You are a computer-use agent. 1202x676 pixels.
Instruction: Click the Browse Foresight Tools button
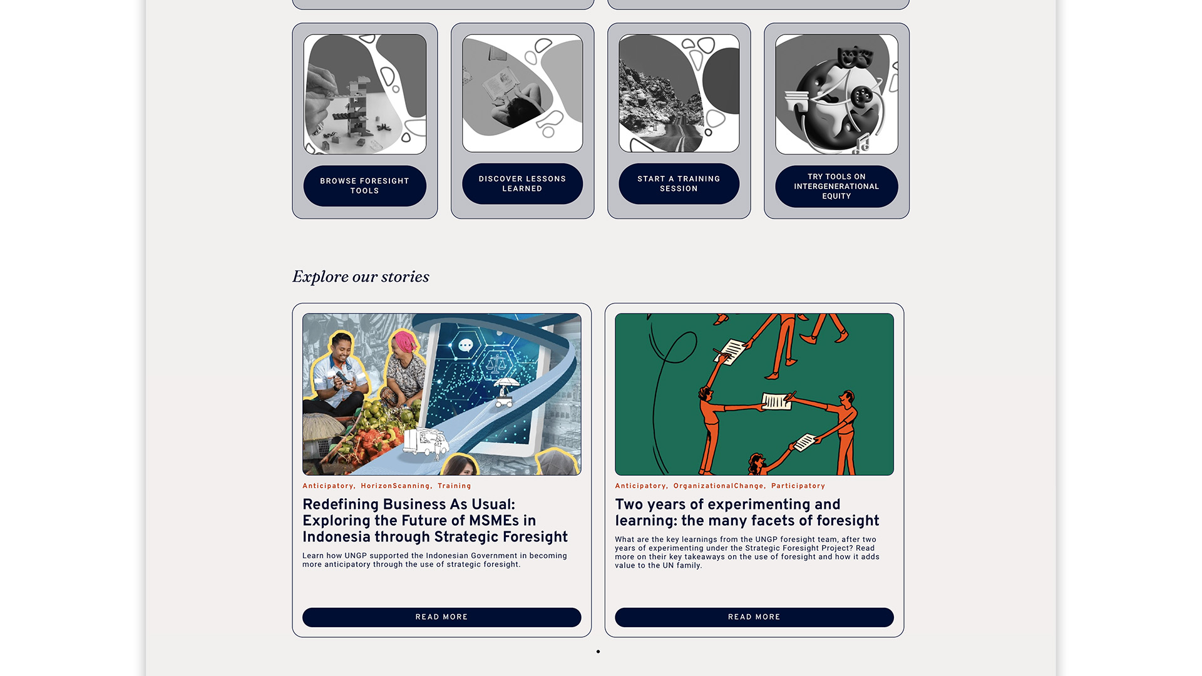click(x=364, y=186)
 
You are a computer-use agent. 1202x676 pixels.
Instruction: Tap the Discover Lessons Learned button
click(x=522, y=183)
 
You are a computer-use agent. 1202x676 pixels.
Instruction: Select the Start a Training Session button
click(x=679, y=183)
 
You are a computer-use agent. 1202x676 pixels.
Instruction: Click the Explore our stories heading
click(x=361, y=277)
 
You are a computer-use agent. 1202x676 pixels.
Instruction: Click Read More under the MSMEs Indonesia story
click(x=441, y=617)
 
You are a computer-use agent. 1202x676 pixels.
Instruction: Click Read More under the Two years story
click(x=754, y=617)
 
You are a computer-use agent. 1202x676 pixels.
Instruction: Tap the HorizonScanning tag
click(x=396, y=486)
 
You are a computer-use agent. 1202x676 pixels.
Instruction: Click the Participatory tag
click(x=798, y=486)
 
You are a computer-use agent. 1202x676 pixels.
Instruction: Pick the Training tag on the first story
click(x=455, y=486)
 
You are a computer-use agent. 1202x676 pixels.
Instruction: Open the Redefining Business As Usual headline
click(x=435, y=521)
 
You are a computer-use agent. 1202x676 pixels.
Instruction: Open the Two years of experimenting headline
click(x=747, y=513)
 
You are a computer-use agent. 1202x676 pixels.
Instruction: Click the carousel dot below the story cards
click(x=598, y=652)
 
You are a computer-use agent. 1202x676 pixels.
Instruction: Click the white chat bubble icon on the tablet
click(x=466, y=346)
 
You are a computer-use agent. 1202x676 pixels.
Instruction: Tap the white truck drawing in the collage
click(x=425, y=441)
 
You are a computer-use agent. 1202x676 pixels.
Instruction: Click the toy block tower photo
click(x=365, y=95)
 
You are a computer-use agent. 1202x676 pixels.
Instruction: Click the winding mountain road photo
click(x=679, y=93)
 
